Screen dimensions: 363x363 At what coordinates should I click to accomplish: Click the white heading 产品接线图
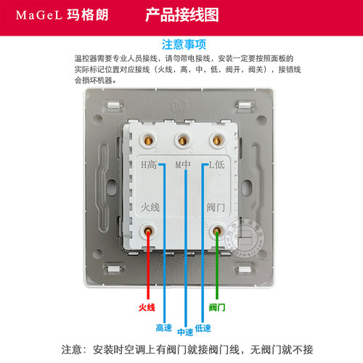(x=182, y=15)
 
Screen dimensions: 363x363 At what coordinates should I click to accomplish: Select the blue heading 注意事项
(x=184, y=44)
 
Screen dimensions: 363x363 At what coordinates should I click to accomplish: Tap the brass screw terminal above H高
(x=148, y=140)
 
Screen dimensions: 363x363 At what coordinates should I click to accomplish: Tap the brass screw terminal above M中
(x=182, y=140)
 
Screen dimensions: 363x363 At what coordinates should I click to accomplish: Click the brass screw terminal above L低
(x=217, y=140)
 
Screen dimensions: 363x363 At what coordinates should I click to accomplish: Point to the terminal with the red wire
(x=148, y=231)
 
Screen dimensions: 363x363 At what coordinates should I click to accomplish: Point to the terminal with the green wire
(x=217, y=231)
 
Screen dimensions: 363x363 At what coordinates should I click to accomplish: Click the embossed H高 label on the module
(x=149, y=165)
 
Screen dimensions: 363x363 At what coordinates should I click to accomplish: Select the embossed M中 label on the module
(x=183, y=165)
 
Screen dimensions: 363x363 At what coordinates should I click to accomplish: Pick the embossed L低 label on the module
(x=216, y=165)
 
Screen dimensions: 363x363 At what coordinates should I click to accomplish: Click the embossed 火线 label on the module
(x=150, y=208)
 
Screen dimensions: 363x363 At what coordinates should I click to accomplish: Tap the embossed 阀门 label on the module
(x=216, y=208)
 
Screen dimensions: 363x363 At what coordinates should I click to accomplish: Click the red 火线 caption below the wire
(x=147, y=307)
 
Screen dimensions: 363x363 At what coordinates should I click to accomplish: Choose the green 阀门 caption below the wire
(x=217, y=307)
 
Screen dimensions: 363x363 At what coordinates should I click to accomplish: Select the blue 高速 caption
(x=164, y=328)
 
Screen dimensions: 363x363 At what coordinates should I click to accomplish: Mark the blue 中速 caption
(x=185, y=332)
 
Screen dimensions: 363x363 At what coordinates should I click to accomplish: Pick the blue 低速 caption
(x=203, y=328)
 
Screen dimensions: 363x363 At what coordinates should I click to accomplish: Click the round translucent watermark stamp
(x=245, y=237)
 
